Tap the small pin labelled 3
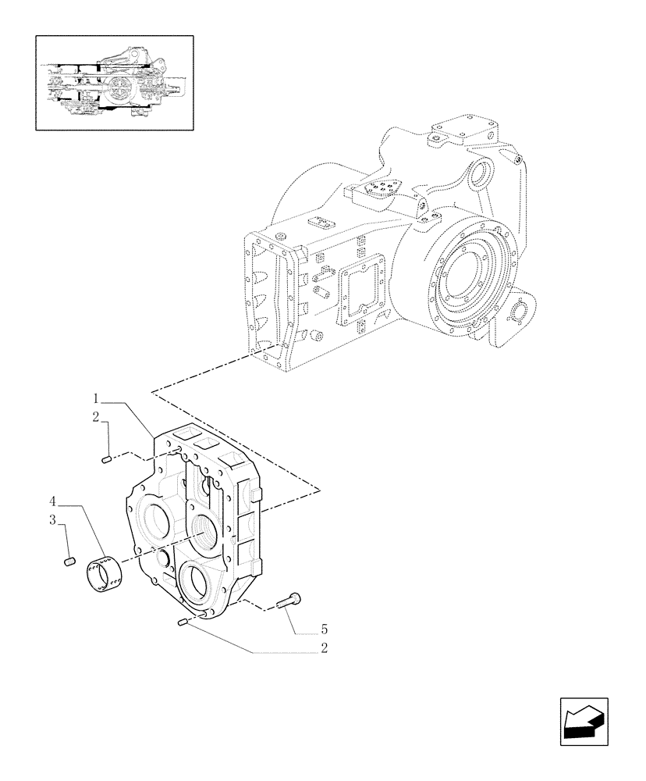pyautogui.click(x=68, y=560)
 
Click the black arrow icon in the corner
pyautogui.click(x=581, y=720)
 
